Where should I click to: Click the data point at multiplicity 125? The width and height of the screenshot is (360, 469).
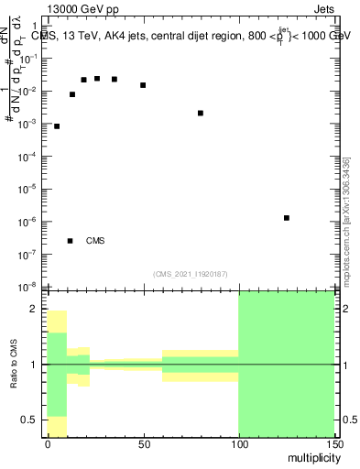coord(287,218)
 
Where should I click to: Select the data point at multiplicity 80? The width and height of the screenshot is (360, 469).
coord(201,114)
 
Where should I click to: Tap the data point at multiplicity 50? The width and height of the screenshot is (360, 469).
coord(143,85)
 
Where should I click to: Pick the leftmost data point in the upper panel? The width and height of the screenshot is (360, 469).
coord(57,126)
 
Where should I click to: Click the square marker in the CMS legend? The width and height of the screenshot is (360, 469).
coord(70,241)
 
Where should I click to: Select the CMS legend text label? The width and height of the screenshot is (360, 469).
coord(95,241)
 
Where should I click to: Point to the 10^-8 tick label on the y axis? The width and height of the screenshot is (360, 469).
coord(30,287)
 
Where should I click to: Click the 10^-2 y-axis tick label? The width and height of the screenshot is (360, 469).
coord(30,90)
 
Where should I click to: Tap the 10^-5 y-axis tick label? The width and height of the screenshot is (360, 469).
coord(30,189)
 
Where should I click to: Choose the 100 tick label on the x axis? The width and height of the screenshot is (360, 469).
coord(238,443)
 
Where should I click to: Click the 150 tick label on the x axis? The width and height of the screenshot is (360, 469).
coord(333,443)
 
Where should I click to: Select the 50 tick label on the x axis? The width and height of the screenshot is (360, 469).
coord(143,443)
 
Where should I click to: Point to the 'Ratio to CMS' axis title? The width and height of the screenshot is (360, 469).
coord(14,364)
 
